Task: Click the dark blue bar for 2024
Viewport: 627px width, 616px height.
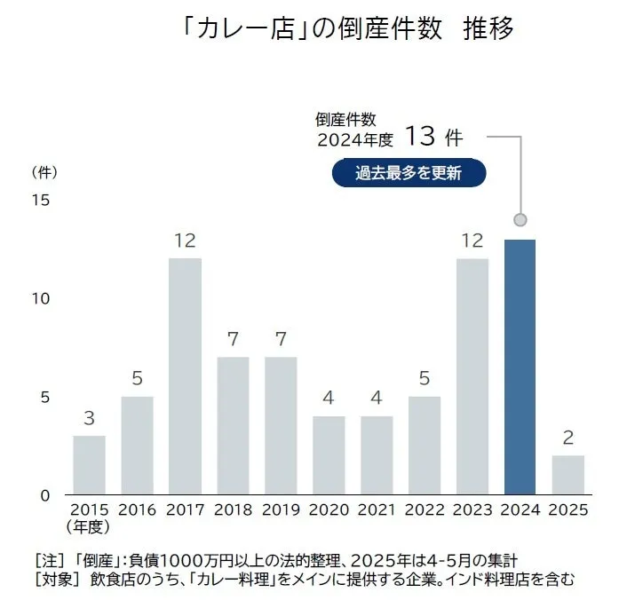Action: click(x=520, y=367)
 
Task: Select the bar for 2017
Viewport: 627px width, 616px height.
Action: click(x=185, y=375)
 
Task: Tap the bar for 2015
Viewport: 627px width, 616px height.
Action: click(x=89, y=464)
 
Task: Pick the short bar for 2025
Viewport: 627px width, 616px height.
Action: click(x=567, y=474)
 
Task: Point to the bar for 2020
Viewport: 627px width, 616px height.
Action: click(x=329, y=454)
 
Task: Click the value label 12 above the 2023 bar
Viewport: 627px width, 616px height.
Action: click(x=472, y=241)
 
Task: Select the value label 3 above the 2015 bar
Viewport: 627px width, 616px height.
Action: click(x=89, y=418)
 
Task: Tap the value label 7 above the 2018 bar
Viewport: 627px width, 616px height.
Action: click(x=233, y=339)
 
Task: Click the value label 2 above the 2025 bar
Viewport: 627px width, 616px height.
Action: click(x=567, y=438)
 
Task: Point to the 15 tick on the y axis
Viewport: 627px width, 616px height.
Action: click(x=41, y=200)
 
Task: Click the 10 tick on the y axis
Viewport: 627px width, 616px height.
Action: click(x=41, y=298)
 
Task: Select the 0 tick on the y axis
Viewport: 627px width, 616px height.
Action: click(x=44, y=494)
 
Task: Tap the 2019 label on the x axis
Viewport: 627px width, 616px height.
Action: click(x=281, y=510)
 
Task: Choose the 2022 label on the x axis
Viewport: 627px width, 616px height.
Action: click(x=425, y=510)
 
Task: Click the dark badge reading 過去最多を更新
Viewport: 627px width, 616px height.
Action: click(x=409, y=173)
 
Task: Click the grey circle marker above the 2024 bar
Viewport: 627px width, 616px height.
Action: click(x=520, y=219)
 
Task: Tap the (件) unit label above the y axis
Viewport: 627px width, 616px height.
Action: click(x=44, y=170)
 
